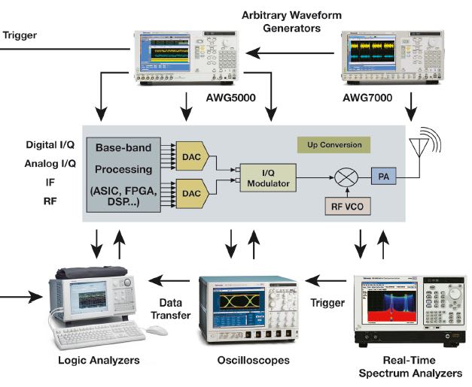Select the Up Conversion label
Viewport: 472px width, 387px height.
click(334, 144)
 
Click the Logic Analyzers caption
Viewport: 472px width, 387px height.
click(98, 361)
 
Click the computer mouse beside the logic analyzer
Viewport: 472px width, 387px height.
click(156, 330)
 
